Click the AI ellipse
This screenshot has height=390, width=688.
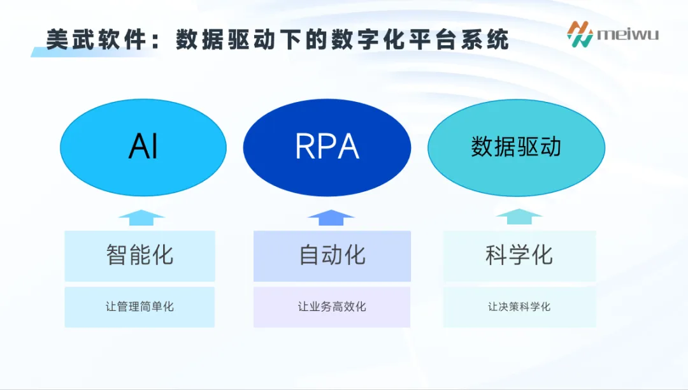[x=143, y=147]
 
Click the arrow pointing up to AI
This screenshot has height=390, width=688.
[x=141, y=217]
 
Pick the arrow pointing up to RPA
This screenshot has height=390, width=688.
[x=331, y=217]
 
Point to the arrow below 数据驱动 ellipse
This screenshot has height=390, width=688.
[x=519, y=217]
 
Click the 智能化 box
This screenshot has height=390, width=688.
[x=140, y=256]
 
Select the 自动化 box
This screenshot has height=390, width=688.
[x=332, y=256]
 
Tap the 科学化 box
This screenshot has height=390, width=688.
[x=519, y=256]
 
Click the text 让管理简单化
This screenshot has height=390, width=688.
[x=140, y=307]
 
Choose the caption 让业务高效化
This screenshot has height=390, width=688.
[x=332, y=307]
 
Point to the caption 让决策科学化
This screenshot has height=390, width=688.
[x=519, y=307]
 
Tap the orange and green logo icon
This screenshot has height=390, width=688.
[x=580, y=34]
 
